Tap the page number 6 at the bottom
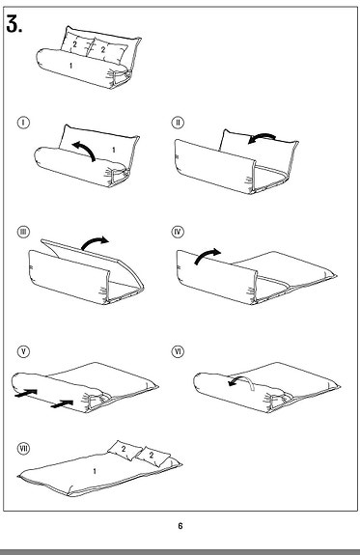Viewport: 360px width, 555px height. pyautogui.click(x=180, y=526)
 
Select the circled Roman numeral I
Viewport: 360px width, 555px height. pyautogui.click(x=24, y=124)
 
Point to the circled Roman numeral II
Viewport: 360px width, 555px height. pyautogui.click(x=178, y=124)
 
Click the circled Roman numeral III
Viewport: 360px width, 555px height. pyautogui.click(x=24, y=233)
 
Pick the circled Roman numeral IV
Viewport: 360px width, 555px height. pyautogui.click(x=178, y=233)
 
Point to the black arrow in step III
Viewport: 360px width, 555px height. pyautogui.click(x=94, y=242)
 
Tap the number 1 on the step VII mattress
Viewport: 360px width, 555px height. pyautogui.click(x=94, y=469)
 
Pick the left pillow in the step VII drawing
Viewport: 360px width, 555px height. pyautogui.click(x=124, y=448)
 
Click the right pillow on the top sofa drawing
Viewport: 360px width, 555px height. pyautogui.click(x=103, y=44)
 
